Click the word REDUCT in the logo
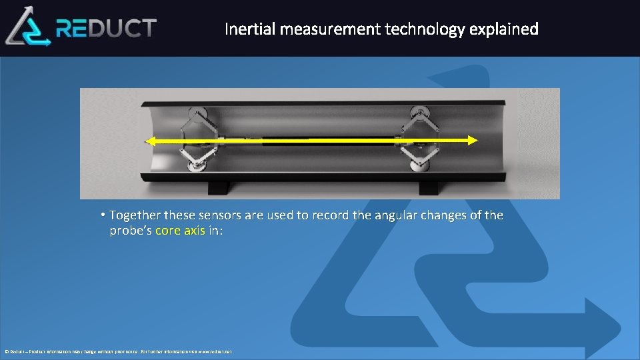click(x=107, y=28)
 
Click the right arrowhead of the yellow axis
click(x=472, y=140)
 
